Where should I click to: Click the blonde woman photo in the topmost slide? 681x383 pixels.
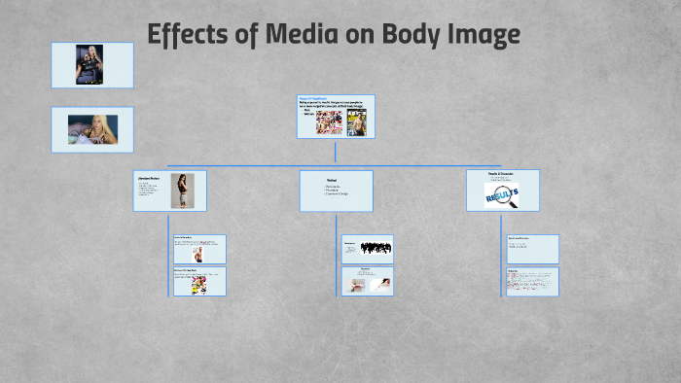coord(91,65)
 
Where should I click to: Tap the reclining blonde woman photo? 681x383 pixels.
coord(92,129)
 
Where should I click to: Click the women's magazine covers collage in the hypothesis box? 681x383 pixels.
coord(328,122)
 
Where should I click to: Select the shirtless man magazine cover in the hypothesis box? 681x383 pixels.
coord(357,122)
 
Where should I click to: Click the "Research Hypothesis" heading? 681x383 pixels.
coord(316,99)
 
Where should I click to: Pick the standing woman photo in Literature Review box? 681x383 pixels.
coord(182,191)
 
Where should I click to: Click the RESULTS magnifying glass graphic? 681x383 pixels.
coord(502,194)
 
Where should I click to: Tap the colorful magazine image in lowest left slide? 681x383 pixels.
coord(197,285)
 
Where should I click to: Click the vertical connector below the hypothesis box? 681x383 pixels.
coord(336,152)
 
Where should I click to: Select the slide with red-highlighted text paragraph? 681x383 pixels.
coord(532,281)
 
